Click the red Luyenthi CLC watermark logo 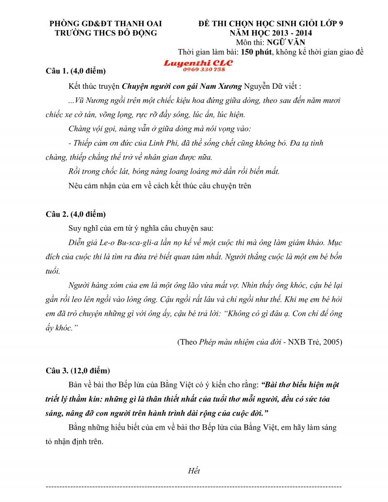click(x=198, y=63)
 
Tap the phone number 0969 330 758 click(x=204, y=69)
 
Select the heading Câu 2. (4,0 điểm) click(x=75, y=214)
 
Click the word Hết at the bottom click(x=194, y=470)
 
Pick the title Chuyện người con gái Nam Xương click(x=181, y=87)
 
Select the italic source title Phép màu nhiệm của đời click(x=235, y=342)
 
